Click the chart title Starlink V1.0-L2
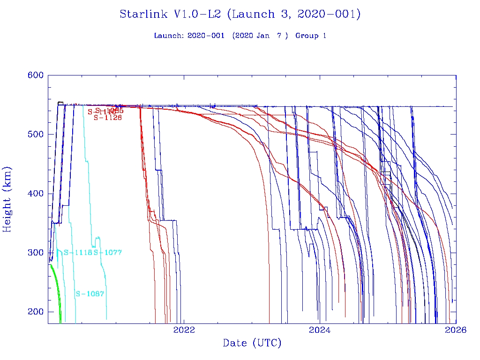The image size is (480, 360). (x=240, y=15)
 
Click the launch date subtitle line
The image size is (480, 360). (x=240, y=36)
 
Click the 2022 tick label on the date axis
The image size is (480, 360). (x=184, y=330)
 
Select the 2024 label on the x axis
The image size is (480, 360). (x=320, y=330)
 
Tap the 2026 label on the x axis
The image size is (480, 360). (x=456, y=330)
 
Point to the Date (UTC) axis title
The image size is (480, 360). (x=252, y=344)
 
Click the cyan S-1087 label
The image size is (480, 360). (x=90, y=294)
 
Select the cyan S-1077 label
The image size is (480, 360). (x=108, y=253)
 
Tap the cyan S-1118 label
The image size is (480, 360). (x=78, y=253)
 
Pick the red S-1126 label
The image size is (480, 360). (x=108, y=118)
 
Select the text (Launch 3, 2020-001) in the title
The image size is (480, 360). (x=293, y=15)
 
